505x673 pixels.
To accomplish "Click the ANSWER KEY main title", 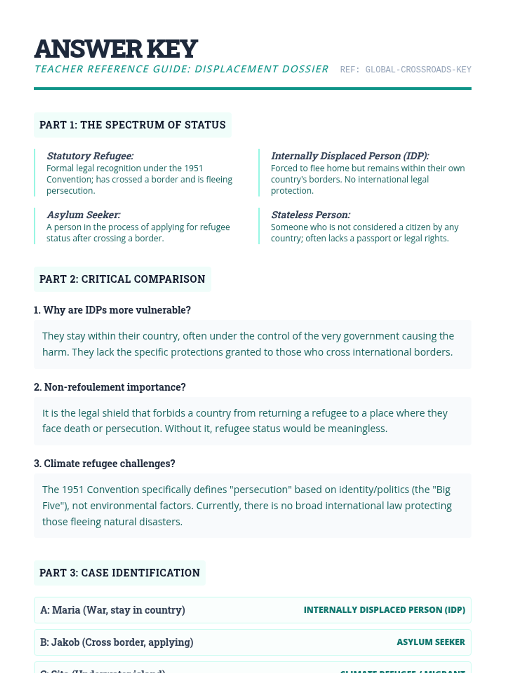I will click(x=116, y=49).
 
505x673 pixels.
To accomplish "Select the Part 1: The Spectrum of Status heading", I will click(x=133, y=125).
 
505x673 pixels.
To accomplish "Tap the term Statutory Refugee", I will click(x=90, y=156).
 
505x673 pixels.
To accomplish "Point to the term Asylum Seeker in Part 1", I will click(x=83, y=215).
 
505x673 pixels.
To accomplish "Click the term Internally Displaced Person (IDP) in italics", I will click(x=350, y=156).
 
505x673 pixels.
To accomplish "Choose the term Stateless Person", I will click(x=311, y=215).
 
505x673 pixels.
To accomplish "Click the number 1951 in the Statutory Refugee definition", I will click(x=194, y=168).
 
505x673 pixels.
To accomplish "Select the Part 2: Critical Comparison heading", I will click(x=122, y=279).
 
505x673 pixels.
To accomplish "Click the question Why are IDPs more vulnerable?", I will click(x=112, y=310).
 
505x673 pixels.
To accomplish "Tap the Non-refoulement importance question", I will click(x=110, y=387).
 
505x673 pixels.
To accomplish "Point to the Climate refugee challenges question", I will click(x=104, y=464).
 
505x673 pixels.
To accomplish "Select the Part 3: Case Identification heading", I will click(x=120, y=573).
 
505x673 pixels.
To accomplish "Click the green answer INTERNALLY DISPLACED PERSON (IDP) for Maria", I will click(x=384, y=610).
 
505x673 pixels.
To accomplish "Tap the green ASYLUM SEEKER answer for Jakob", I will click(x=431, y=642).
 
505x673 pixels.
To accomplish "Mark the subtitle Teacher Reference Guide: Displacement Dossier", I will click(x=181, y=69).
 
